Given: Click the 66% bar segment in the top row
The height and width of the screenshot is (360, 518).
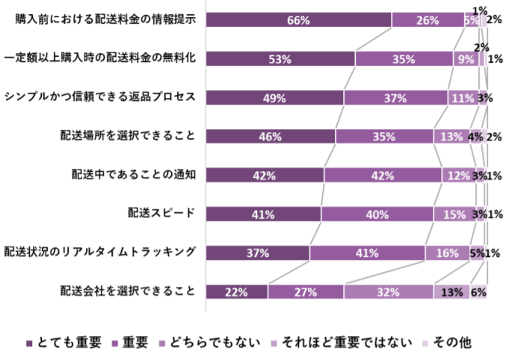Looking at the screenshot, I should [x=298, y=20].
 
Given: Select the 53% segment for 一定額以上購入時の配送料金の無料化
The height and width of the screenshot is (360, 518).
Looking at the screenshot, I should [x=280, y=59].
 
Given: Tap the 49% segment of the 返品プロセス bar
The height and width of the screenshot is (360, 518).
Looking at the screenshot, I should [x=274, y=98].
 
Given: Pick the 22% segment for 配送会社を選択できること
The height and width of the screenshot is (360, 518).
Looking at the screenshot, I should [x=236, y=291].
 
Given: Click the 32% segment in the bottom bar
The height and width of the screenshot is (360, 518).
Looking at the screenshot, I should [x=388, y=291].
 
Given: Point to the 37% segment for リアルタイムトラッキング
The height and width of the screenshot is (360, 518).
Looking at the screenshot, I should [x=257, y=252].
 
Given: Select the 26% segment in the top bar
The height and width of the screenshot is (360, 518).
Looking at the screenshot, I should [x=427, y=20].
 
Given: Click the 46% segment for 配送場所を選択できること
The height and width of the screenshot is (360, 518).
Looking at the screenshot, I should [x=270, y=137].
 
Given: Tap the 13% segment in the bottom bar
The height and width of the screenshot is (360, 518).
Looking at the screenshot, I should [x=451, y=291].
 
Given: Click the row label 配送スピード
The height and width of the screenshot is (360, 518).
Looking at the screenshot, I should [x=161, y=214].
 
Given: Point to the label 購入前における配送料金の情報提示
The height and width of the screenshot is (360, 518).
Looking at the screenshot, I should [x=106, y=20].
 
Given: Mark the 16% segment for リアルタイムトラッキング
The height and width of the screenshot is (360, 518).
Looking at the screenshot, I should [x=447, y=252].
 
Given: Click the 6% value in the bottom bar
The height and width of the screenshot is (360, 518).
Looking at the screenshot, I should [x=478, y=291].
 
